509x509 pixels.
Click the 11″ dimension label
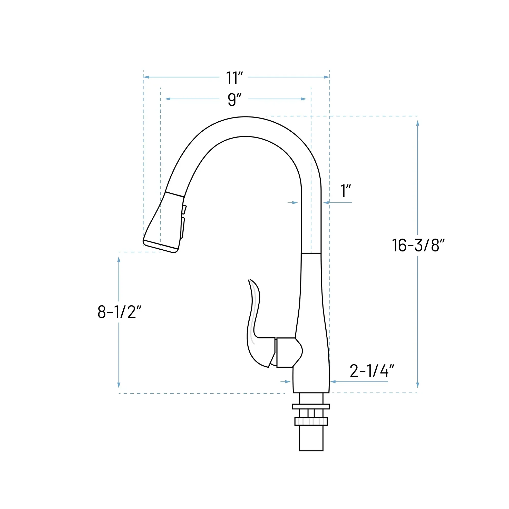coord(234,78)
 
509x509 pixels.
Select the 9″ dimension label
coord(234,100)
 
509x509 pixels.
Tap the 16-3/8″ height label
coord(418,245)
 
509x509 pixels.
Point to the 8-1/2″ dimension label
coord(119,312)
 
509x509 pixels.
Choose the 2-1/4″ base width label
coord(372,371)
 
